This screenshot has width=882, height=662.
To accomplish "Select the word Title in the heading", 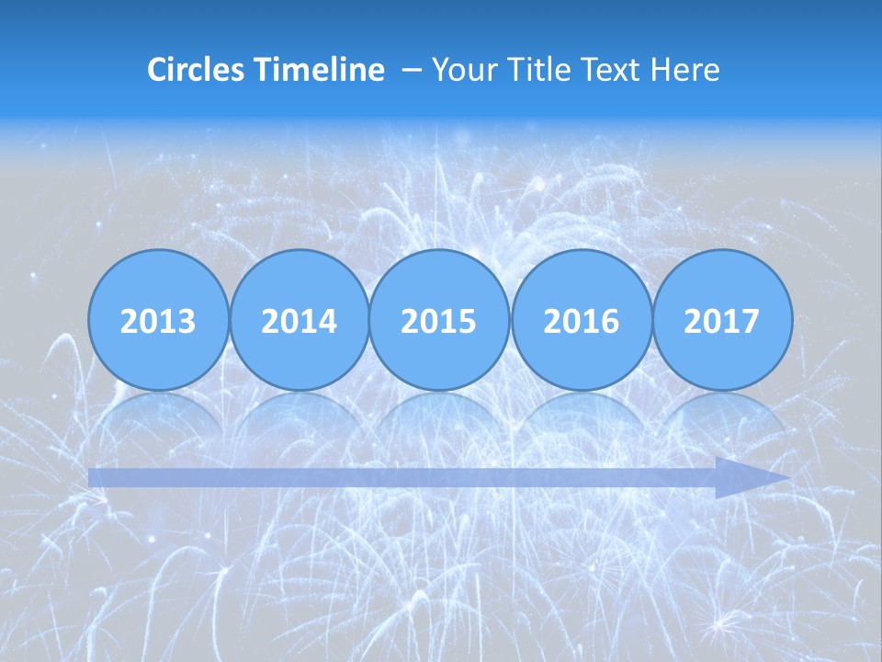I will pos(534,70).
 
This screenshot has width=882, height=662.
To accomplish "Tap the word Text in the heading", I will pos(609,70).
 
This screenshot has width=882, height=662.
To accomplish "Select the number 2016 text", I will pos(581,322).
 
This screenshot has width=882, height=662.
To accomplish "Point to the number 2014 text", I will pos(299,322).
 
